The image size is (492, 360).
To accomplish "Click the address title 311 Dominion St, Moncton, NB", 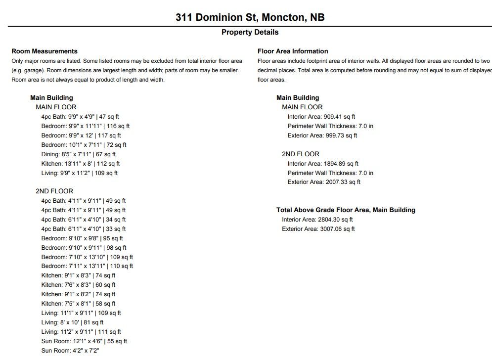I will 250,18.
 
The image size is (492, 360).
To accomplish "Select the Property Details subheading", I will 250,32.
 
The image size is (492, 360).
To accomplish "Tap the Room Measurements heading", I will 45,51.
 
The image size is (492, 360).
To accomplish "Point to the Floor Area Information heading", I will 293,51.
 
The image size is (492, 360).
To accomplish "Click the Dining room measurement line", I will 79,154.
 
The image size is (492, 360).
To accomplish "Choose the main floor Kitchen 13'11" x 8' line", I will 81,164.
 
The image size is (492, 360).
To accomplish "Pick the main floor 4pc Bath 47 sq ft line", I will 80,117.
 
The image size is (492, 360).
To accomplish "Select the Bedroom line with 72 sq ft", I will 84,145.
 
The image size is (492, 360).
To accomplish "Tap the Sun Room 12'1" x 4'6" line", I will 84,341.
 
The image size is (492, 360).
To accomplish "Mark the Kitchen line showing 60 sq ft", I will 78,285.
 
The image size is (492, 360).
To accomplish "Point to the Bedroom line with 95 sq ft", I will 82,238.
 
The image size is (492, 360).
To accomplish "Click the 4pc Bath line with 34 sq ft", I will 84,220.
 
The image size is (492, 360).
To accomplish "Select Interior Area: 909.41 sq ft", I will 321,117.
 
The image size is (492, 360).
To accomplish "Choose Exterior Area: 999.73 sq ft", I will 322,135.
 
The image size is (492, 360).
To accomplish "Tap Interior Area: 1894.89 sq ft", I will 323,164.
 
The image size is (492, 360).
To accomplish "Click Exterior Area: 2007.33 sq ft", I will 324,182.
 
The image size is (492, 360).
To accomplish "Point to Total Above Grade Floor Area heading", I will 346,210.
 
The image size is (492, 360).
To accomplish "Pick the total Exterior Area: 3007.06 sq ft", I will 318,229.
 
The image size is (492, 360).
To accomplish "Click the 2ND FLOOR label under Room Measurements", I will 54,191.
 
